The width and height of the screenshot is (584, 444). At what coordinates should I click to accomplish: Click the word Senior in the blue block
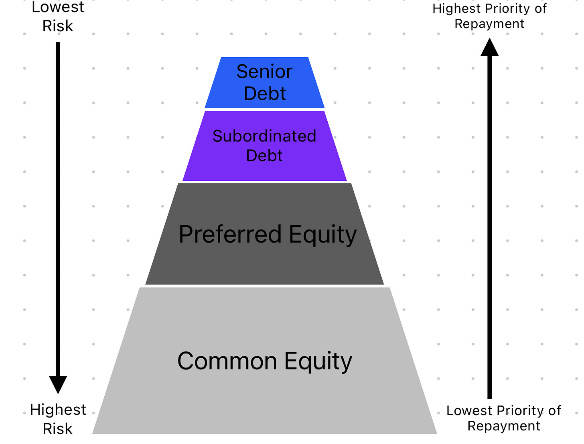264,72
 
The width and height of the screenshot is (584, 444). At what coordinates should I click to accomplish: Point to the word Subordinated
264,136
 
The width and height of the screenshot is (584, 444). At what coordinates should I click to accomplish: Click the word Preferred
230,234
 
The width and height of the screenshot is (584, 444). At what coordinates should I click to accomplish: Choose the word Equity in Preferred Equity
322,235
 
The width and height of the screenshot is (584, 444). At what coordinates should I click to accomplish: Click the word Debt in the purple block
264,155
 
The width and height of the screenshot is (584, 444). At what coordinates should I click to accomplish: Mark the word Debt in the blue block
265,93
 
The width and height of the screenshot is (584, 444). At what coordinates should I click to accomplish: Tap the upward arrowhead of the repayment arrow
489,47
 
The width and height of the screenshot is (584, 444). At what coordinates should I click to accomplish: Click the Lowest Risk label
58,16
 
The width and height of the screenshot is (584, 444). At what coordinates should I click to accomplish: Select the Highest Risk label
58,419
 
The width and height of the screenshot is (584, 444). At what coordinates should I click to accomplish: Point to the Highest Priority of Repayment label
489,16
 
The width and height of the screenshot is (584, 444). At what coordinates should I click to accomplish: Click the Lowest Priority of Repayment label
504,418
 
